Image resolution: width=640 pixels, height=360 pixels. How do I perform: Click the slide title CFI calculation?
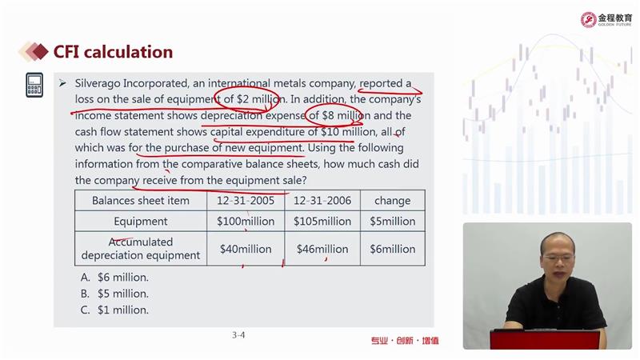tap(113, 52)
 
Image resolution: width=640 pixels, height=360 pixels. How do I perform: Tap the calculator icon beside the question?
tap(34, 86)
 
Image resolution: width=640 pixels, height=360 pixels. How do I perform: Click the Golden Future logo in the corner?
tap(606, 19)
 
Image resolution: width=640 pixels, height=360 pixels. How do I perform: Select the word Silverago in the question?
tap(97, 84)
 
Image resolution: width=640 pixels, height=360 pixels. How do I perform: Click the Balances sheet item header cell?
tap(141, 201)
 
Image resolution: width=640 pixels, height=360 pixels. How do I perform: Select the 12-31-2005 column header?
tap(246, 201)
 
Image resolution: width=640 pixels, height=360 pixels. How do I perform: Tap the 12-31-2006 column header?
tap(322, 201)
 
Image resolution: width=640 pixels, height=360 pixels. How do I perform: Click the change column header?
tap(392, 201)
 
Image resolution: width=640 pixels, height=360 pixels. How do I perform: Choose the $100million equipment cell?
tap(246, 222)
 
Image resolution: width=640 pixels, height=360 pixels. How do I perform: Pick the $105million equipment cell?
tap(322, 222)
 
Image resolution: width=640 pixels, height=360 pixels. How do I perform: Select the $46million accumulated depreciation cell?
tap(322, 249)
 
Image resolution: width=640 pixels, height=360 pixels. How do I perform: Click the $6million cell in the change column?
tap(392, 249)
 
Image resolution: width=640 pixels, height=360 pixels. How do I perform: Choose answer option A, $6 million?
tap(114, 278)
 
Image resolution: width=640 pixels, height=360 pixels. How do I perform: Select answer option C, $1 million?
tap(114, 310)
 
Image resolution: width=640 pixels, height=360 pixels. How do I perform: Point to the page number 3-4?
tap(238, 335)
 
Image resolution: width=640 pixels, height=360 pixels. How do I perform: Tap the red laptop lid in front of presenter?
tap(546, 339)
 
